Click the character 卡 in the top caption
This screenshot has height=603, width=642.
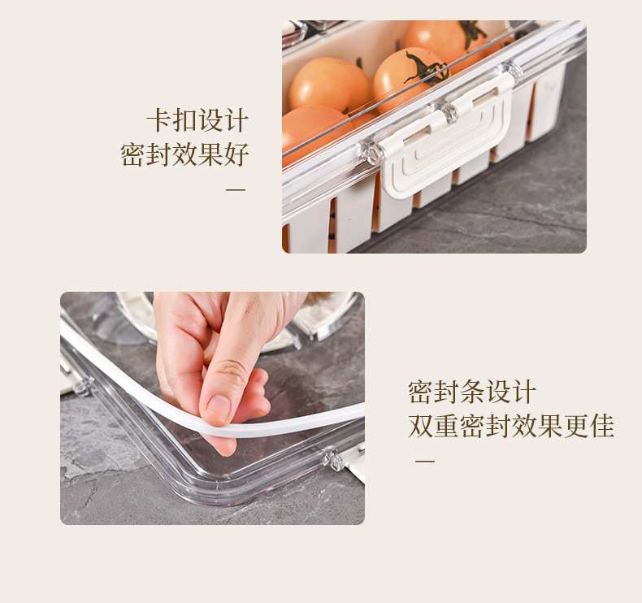tap(158, 121)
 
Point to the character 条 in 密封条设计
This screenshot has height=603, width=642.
tap(472, 392)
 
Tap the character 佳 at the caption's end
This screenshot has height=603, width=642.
tap(601, 425)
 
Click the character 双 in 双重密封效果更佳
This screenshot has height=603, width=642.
tap(420, 425)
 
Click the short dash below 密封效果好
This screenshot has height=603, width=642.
tap(235, 190)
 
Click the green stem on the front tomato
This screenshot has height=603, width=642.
tap(426, 68)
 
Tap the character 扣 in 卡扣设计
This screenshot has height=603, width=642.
tap(184, 121)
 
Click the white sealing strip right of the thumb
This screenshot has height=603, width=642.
tap(309, 420)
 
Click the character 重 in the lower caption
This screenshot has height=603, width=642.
tap(445, 425)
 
